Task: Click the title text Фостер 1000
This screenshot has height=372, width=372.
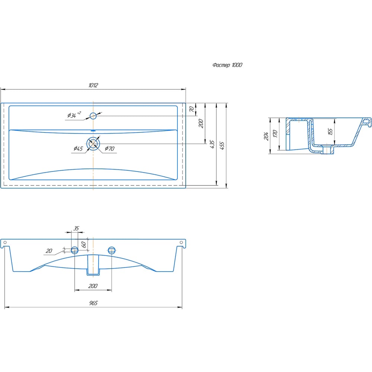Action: pos(227,65)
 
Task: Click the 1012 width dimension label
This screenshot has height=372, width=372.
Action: pos(93,85)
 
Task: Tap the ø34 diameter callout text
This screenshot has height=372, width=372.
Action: pos(74,115)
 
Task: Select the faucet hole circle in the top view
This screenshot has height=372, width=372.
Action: pos(93,116)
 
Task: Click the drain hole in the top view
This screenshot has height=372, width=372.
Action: pos(93,144)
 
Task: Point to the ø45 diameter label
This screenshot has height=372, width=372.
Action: pos(78,148)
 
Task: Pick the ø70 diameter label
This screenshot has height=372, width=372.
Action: pos(110,148)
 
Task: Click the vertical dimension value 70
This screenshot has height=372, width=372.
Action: pos(192,109)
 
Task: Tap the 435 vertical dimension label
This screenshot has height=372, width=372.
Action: pos(212,144)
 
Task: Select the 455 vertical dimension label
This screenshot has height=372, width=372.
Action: pos(222,145)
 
